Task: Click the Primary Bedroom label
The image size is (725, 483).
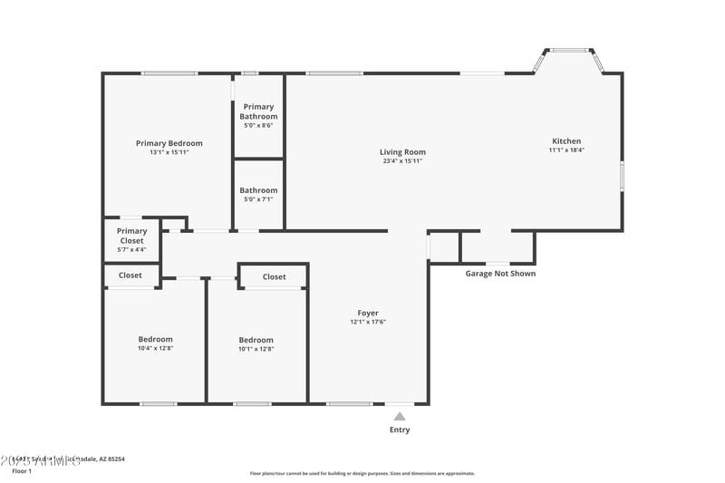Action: [x=169, y=143]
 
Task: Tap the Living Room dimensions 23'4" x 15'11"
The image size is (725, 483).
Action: [x=402, y=161]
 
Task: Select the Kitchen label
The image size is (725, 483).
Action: [x=566, y=141]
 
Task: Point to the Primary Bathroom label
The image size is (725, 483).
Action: [x=258, y=111]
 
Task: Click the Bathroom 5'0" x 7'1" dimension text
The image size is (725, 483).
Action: [x=258, y=199]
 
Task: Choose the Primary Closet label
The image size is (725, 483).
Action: [x=131, y=236]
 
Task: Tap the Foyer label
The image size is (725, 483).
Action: [x=368, y=314]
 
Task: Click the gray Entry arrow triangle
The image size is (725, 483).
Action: [x=399, y=417]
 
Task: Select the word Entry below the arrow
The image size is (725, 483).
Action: [x=399, y=430]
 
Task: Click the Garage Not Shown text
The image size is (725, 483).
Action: [x=500, y=273]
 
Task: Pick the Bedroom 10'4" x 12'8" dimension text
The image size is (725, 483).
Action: [x=155, y=348]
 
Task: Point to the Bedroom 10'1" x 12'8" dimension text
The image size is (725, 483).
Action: [x=256, y=349]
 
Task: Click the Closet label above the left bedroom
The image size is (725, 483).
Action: [x=130, y=275]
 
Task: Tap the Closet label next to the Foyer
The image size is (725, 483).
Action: [x=274, y=277]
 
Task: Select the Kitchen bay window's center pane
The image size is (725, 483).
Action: [x=568, y=51]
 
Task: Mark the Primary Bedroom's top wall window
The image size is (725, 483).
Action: [x=169, y=73]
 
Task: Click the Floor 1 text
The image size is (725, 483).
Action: [x=21, y=471]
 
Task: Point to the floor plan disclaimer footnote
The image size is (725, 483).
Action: [x=362, y=473]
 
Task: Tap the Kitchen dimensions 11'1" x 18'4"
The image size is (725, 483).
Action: [x=566, y=150]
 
